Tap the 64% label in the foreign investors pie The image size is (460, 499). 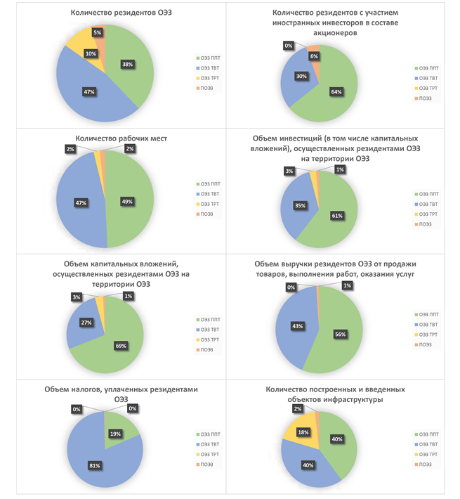click(x=336, y=90)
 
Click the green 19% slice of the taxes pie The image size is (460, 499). click(x=118, y=430)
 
